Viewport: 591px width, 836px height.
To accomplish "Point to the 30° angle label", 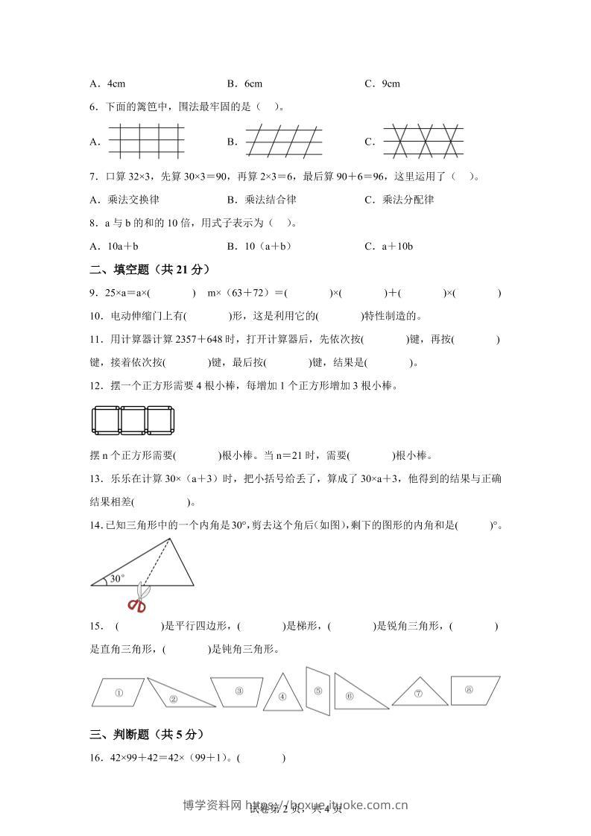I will click(117, 577).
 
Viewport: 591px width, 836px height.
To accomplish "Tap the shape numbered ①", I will click(118, 692).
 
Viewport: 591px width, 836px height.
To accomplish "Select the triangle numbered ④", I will click(283, 695).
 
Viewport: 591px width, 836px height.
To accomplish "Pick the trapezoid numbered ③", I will click(238, 691).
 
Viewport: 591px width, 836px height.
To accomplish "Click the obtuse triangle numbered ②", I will click(175, 695).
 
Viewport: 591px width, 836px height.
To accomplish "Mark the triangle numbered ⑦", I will click(418, 693).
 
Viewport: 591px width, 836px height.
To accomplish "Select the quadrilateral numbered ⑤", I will click(318, 690).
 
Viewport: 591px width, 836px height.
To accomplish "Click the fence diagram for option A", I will click(145, 140).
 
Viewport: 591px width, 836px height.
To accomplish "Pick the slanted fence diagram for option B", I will click(284, 140).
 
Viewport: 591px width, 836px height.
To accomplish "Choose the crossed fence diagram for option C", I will click(423, 140).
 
